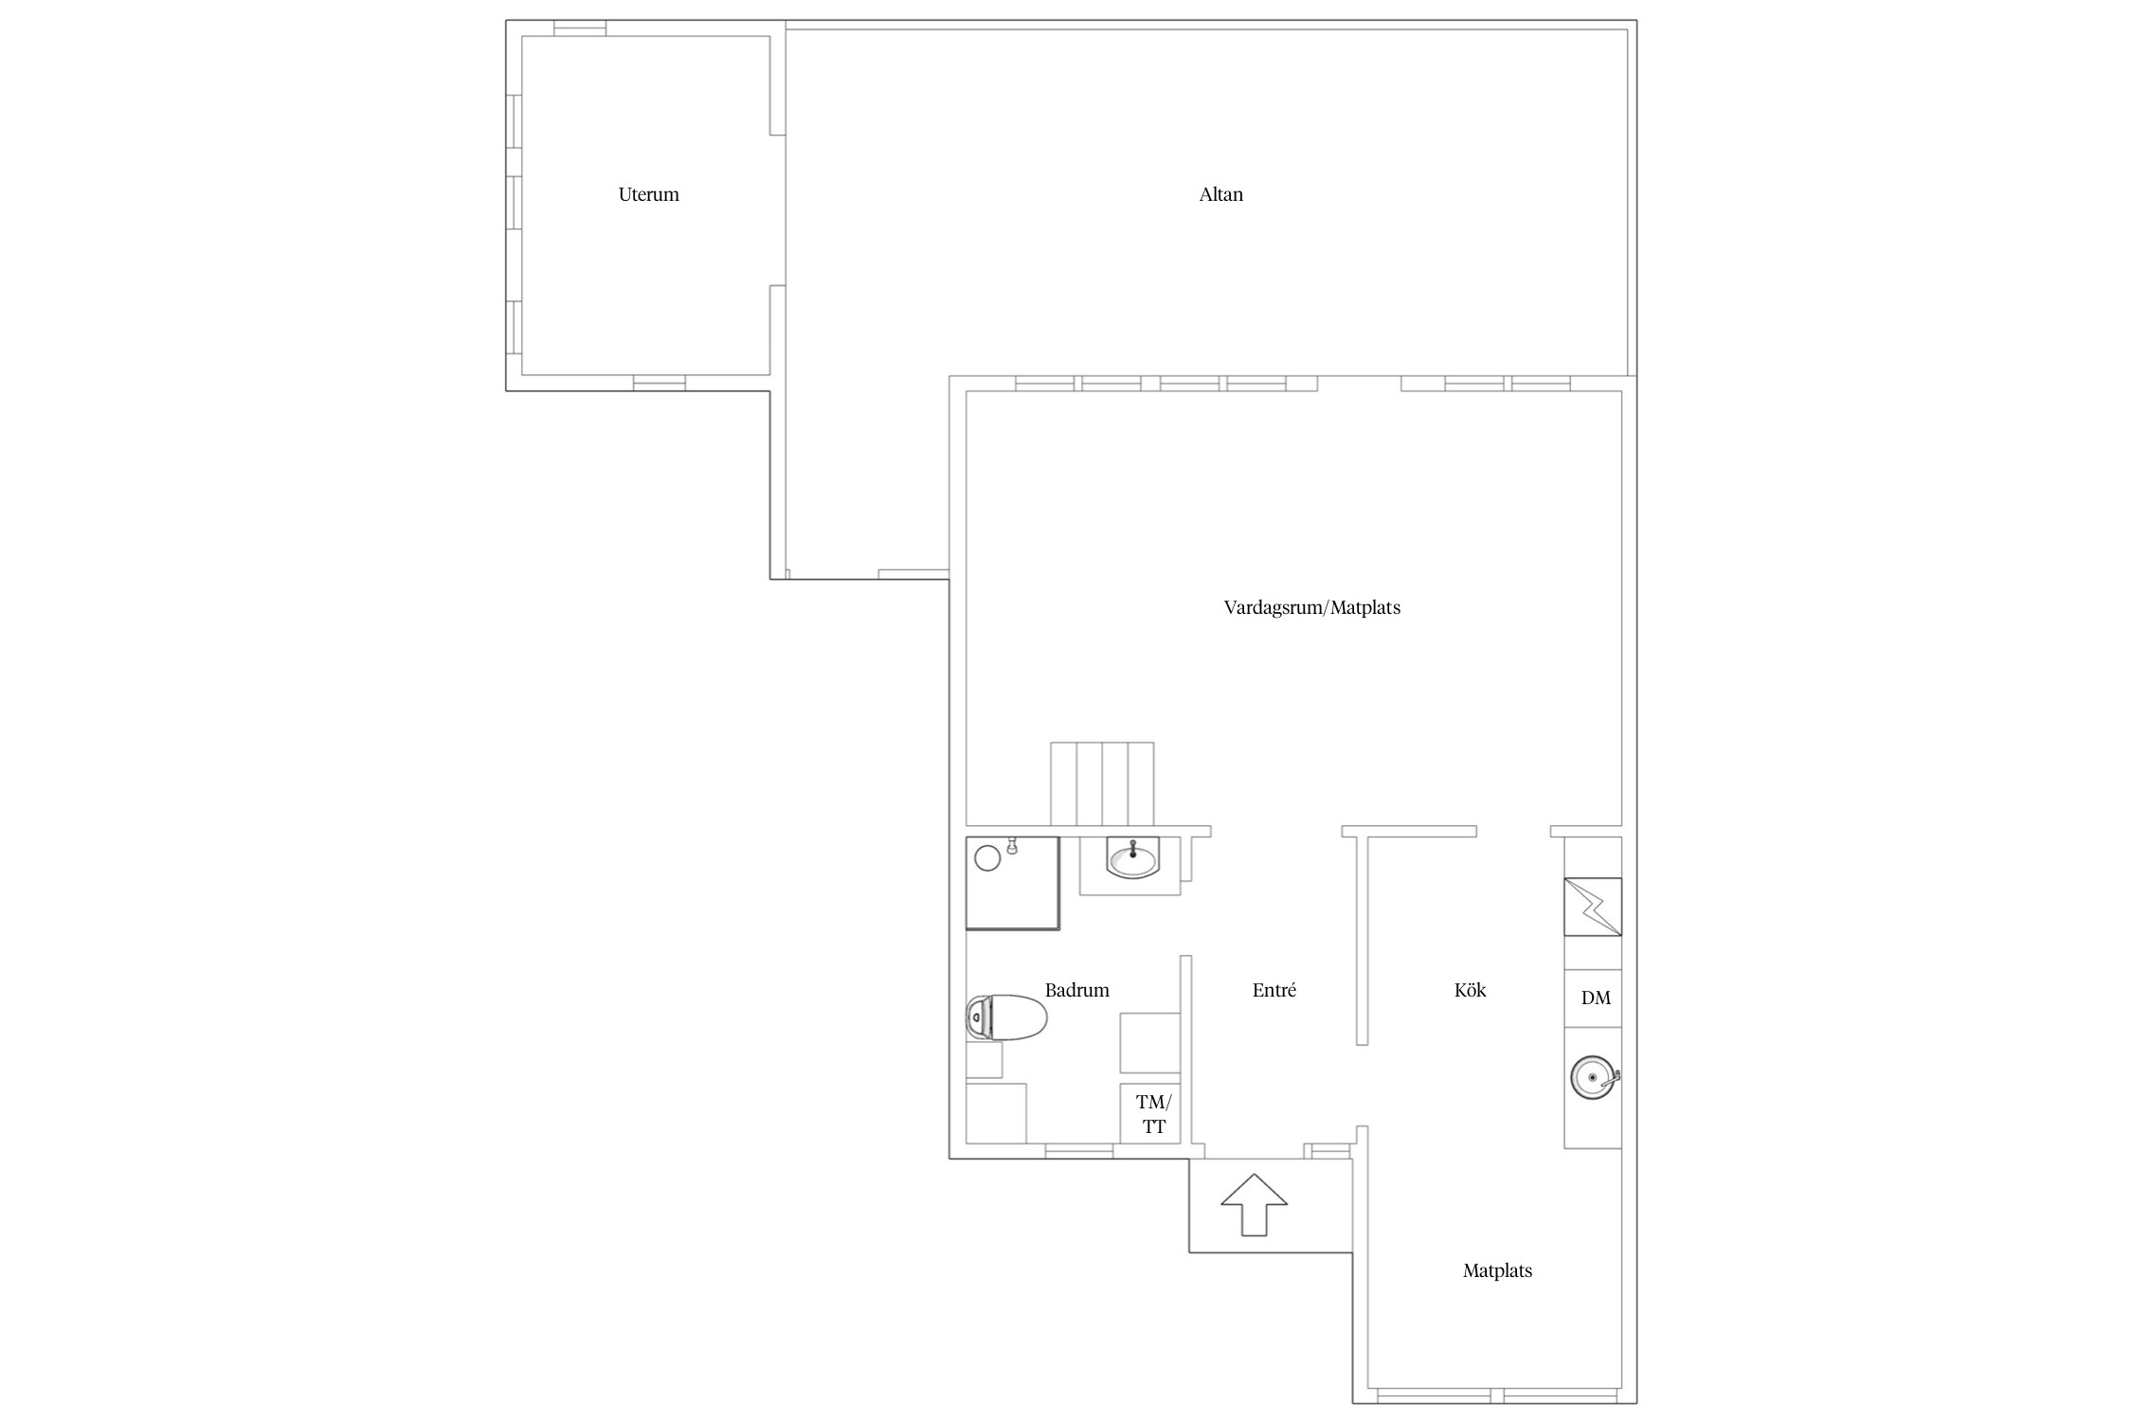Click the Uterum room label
648,194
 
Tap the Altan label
1220,194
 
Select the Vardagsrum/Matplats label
1311,607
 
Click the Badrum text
1076,990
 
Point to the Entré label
1274,990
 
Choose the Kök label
1470,990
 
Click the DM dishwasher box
1593,998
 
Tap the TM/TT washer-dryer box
1150,1113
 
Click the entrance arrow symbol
1254,1204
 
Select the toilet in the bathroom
1006,1017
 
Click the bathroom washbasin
1132,859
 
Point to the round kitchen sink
1594,1078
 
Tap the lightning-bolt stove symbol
1593,907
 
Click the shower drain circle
987,858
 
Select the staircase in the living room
1102,784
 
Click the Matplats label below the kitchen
1497,1270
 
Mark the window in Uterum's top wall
580,28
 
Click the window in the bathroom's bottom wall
1079,1151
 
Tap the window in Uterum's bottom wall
659,383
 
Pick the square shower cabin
1012,883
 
